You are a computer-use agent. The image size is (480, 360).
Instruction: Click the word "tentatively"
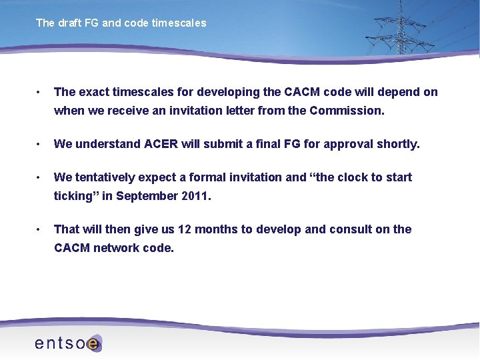(108, 177)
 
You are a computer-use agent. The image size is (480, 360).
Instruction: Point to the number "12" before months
(184, 229)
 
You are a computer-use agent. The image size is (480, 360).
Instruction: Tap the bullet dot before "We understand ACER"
(39, 144)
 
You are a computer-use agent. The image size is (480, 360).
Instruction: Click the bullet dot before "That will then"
(39, 229)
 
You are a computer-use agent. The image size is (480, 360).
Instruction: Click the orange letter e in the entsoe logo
(94, 344)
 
